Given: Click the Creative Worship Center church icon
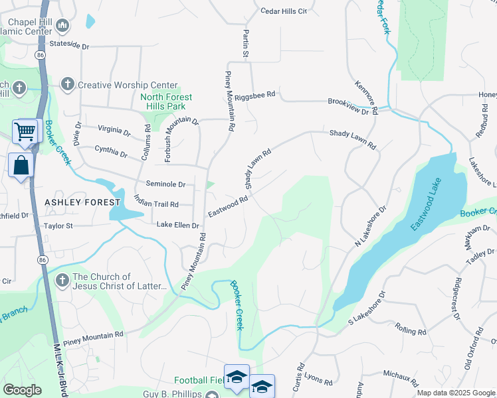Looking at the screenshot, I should tap(67, 84).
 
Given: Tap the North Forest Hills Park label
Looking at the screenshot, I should tap(166, 101).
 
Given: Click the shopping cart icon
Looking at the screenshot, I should tap(25, 131).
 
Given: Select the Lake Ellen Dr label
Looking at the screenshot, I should tap(177, 226).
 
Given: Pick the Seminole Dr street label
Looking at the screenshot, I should tap(165, 184).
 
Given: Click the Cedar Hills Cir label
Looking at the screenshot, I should tap(284, 11).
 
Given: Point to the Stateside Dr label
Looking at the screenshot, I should tap(69, 46).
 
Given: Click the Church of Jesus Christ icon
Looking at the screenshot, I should tap(62, 280).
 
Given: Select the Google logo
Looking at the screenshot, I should tap(22, 390).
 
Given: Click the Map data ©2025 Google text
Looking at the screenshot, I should tap(455, 393).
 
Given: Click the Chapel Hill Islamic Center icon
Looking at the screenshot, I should tap(63, 26).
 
